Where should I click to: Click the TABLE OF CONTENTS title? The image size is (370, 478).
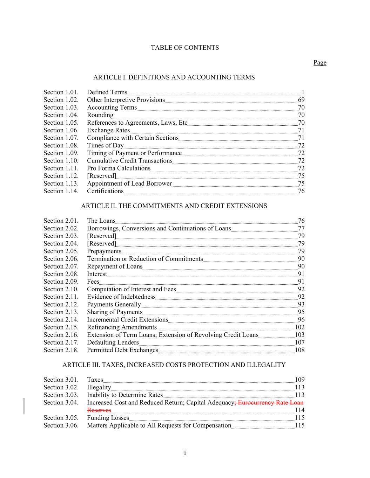coord(185,48)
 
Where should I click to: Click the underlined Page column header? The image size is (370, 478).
coord(320,63)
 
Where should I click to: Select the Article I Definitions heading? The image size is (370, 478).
coord(174,77)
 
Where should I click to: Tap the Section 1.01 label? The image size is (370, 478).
coord(61,92)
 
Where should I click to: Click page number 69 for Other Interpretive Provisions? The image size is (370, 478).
coord(301,100)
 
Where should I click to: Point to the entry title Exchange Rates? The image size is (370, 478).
coord(108,130)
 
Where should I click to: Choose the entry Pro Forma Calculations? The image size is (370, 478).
coord(119,168)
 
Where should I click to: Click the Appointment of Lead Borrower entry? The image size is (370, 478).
coord(129,183)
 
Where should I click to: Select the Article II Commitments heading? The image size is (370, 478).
coord(174,206)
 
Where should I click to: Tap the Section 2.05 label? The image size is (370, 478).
coord(61,251)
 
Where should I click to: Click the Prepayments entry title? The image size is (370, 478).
coord(104,251)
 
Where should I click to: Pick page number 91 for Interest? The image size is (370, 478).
coord(301,274)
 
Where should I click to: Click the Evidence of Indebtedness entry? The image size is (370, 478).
coord(121,297)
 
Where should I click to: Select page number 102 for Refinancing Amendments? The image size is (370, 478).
coord(300,327)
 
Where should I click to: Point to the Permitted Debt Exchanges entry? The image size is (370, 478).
coord(122,350)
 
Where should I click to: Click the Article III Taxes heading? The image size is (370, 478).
coord(174,365)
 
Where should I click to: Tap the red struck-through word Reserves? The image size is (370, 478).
coord(99,410)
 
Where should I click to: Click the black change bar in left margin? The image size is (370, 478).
coord(24,406)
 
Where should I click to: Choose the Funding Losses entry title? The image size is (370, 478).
coord(108,418)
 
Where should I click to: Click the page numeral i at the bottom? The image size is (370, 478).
coord(185,453)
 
